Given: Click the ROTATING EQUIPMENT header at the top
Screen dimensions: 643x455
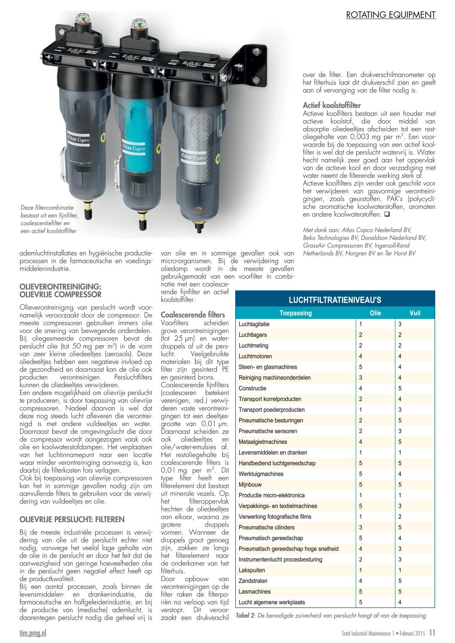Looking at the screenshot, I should [x=390, y=15].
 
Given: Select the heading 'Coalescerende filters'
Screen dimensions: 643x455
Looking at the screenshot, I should [x=193, y=315].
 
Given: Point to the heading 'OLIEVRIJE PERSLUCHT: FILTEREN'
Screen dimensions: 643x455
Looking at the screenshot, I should [x=72, y=519].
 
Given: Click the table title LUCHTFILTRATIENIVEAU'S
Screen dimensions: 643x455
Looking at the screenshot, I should [x=335, y=300].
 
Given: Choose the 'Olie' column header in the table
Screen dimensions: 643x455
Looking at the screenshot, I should [x=375, y=313].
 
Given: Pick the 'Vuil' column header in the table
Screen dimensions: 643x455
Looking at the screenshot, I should [x=415, y=313].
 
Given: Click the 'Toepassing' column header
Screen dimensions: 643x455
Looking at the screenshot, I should [x=295, y=313].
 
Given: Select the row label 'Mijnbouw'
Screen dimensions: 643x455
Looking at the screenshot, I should [x=250, y=484].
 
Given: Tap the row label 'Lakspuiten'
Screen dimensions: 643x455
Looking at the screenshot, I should [x=252, y=570].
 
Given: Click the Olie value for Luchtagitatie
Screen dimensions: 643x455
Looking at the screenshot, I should [x=361, y=324].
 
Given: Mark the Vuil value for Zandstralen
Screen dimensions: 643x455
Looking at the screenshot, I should [x=400, y=581].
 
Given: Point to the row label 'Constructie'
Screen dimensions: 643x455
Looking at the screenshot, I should [x=252, y=388].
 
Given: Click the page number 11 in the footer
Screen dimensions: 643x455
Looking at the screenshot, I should [x=432, y=633].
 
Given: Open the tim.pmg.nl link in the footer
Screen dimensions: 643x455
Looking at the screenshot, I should [x=33, y=633].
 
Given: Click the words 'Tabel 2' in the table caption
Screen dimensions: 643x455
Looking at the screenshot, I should [x=245, y=615].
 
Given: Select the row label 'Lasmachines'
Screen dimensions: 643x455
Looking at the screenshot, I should [x=255, y=591].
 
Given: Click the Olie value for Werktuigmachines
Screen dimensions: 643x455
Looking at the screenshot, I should [x=361, y=474].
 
